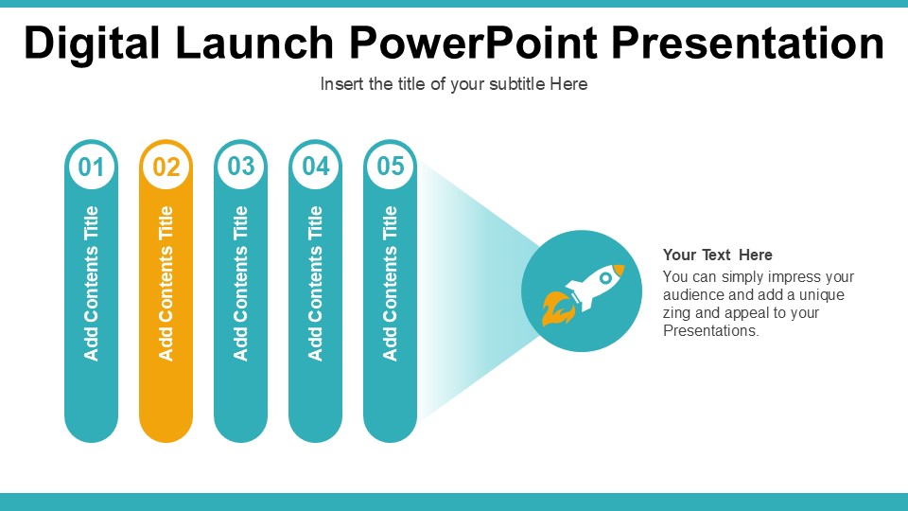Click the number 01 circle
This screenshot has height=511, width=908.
[91, 167]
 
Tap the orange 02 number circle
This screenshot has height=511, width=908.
[166, 167]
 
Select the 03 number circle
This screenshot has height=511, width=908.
[240, 167]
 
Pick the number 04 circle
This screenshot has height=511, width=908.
[315, 167]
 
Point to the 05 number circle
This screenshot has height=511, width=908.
[390, 167]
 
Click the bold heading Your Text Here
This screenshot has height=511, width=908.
[717, 255]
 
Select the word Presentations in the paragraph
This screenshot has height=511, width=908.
[709, 331]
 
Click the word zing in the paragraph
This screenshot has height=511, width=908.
[677, 313]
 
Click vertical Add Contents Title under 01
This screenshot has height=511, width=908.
[91, 283]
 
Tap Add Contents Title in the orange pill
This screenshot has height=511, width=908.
[166, 283]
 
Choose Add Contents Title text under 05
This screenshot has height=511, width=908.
[390, 283]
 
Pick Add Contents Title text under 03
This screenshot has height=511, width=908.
[240, 283]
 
